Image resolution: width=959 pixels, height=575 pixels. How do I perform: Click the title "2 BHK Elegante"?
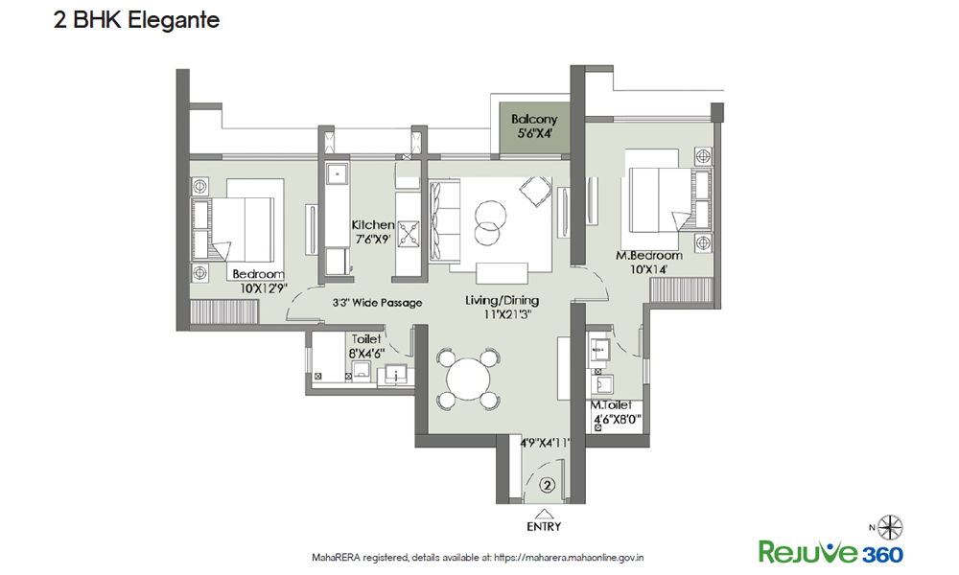coord(136,20)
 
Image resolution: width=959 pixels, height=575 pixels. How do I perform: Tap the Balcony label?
coord(534,121)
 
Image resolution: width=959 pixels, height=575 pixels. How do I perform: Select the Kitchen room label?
coord(373,224)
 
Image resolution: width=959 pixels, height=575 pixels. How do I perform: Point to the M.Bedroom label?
coord(649,256)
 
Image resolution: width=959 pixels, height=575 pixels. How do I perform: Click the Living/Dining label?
coord(502,301)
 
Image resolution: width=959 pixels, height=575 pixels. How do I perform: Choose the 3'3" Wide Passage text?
coord(377,303)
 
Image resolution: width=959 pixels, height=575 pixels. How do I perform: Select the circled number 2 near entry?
coord(548,486)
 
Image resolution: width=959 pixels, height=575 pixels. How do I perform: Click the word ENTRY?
coord(544,526)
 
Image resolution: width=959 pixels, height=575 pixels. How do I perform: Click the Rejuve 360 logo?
coord(830,552)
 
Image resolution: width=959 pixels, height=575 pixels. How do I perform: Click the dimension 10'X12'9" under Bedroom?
coord(260,287)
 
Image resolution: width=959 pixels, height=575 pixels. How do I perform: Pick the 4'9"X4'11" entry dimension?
coord(545,443)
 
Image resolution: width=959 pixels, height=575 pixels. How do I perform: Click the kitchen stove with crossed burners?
coord(410,232)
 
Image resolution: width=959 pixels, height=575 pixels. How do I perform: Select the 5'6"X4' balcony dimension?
coord(534,134)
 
